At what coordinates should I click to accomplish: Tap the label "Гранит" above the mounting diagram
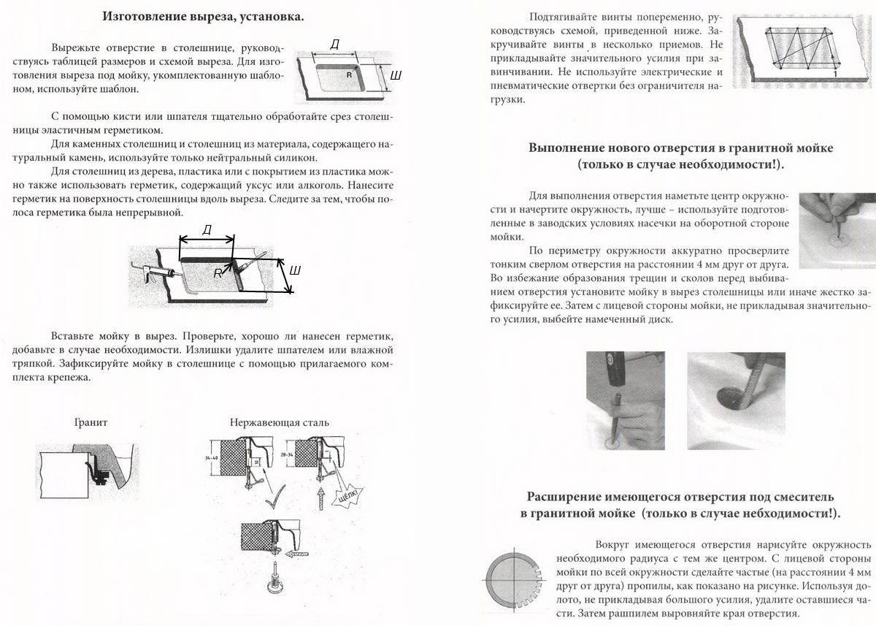(x=92, y=422)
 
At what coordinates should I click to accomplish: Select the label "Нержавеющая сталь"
(x=280, y=422)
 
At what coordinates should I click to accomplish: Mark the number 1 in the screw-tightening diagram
(x=834, y=75)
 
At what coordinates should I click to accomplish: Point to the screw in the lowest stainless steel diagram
(x=275, y=573)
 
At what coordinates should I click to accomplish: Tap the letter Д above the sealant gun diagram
(x=207, y=230)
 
